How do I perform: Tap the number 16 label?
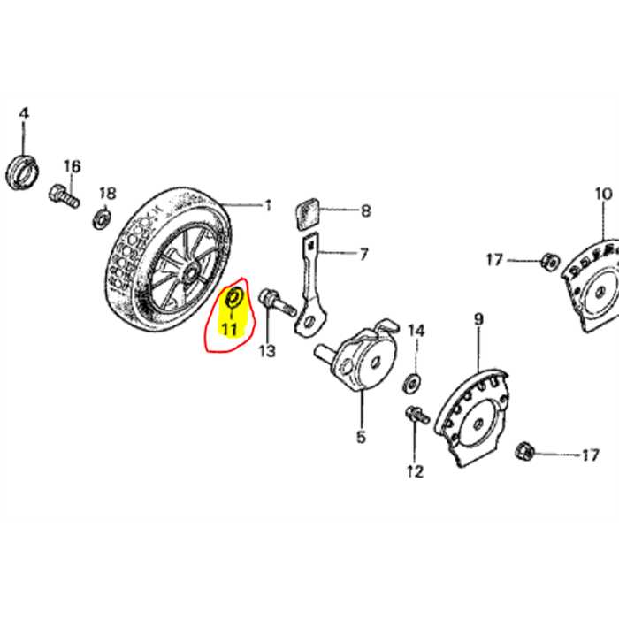pyautogui.click(x=72, y=166)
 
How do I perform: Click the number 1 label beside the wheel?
pyautogui.click(x=268, y=206)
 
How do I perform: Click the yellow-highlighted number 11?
pyautogui.click(x=230, y=331)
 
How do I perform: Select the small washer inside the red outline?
pyautogui.click(x=234, y=296)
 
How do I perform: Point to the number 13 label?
pyautogui.click(x=266, y=351)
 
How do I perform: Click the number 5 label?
pyautogui.click(x=360, y=436)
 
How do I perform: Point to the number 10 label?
pyautogui.click(x=603, y=194)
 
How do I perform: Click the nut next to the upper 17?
pyautogui.click(x=547, y=260)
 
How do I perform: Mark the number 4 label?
pyautogui.click(x=24, y=113)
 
